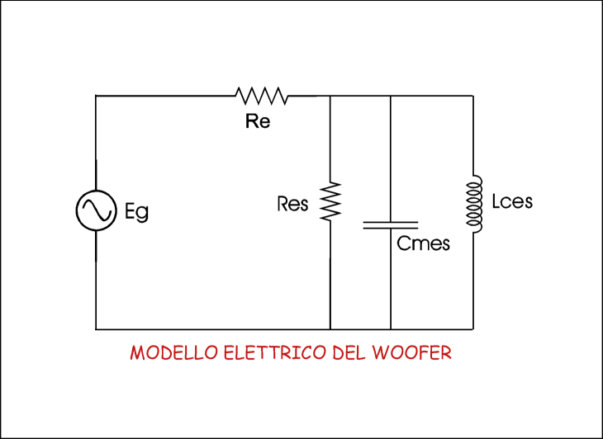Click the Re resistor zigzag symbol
(x=261, y=96)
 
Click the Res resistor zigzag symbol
(x=330, y=201)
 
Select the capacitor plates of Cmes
(x=391, y=224)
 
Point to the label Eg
(x=137, y=214)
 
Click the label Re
(x=258, y=121)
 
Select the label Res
(x=293, y=204)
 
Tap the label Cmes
(x=423, y=243)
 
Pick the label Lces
(x=511, y=201)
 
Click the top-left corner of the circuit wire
(x=96, y=96)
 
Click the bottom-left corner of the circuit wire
(x=96, y=329)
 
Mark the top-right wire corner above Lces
(x=473, y=96)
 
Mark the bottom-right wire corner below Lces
(x=473, y=329)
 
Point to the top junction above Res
(x=330, y=96)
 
